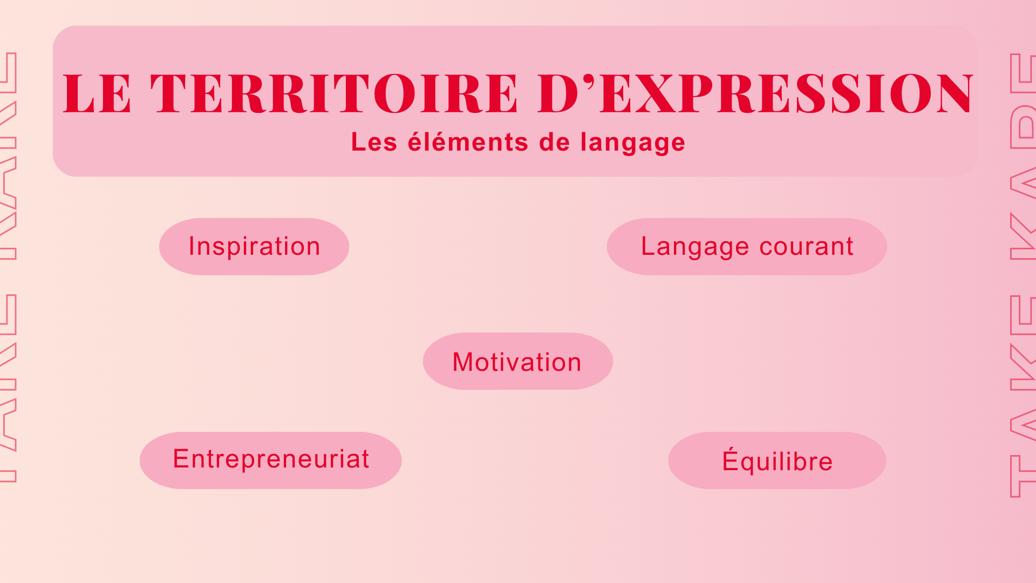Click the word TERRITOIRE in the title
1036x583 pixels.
(334, 94)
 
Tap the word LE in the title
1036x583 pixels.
(97, 94)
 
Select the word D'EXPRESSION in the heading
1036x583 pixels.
(755, 94)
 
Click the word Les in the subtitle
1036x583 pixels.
(374, 143)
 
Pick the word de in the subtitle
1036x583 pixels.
(555, 143)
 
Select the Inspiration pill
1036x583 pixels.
(254, 247)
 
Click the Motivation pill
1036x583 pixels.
(517, 362)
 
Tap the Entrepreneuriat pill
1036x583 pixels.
(270, 460)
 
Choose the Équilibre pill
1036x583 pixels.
(777, 460)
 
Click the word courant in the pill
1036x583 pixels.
(806, 247)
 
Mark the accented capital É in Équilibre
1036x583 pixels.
(730, 460)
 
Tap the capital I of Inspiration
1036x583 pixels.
(192, 247)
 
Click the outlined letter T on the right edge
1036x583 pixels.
(1022, 476)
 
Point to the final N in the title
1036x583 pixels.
(953, 94)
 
